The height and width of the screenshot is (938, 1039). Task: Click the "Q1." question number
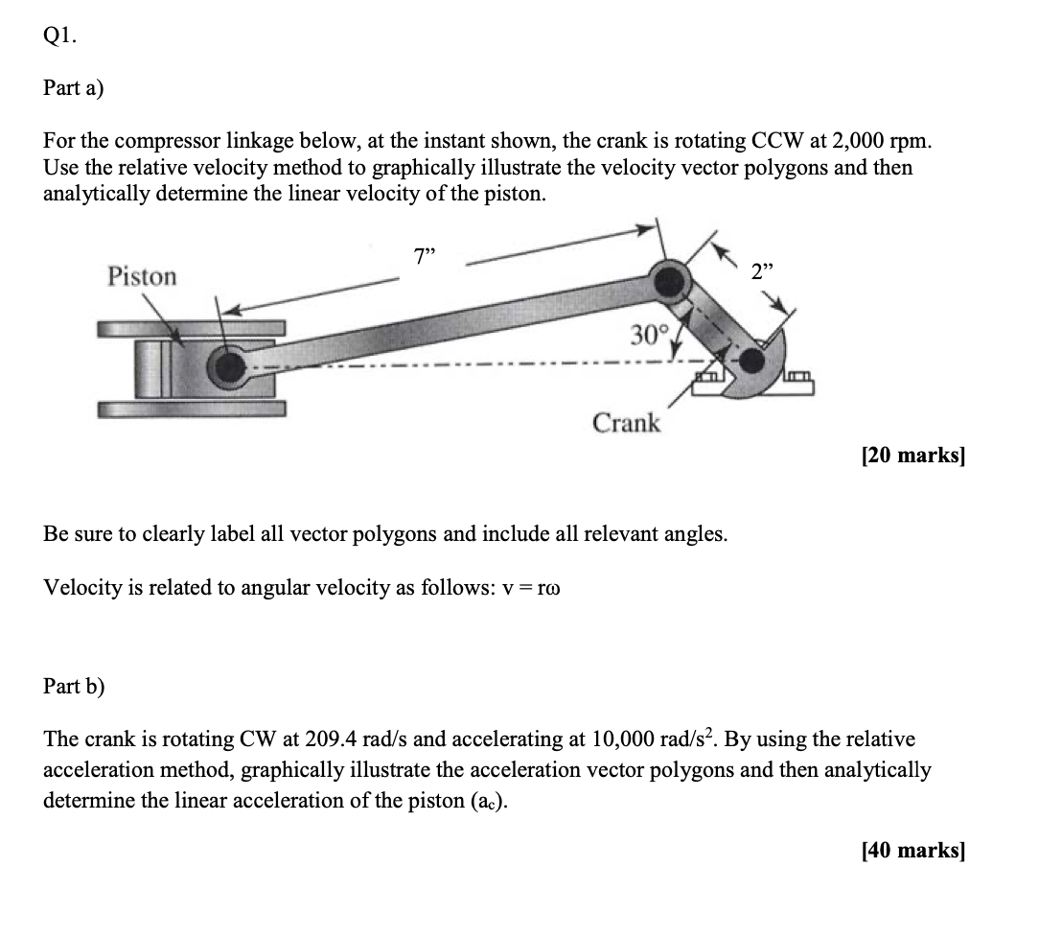[60, 37]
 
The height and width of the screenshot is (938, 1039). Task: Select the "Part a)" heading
[74, 88]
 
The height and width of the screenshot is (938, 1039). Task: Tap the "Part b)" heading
[75, 687]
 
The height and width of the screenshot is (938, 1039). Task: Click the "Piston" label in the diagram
[142, 276]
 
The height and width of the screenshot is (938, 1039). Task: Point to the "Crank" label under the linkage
[626, 423]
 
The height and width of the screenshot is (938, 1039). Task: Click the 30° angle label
[648, 335]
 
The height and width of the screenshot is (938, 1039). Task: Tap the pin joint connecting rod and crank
[667, 280]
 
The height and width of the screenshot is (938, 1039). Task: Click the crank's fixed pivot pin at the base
[754, 362]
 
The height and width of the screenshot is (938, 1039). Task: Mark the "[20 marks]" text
[913, 456]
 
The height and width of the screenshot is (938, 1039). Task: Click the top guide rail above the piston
[191, 328]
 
